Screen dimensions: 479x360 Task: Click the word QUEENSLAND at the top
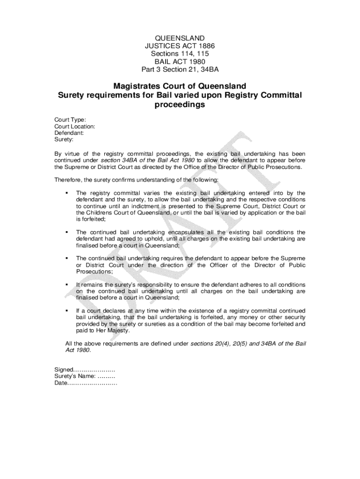[x=180, y=37]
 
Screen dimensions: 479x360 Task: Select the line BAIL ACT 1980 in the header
[x=180, y=62]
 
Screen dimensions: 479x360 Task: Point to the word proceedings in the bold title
[x=180, y=105]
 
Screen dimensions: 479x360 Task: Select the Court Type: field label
[x=70, y=119]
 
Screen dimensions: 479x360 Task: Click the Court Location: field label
[x=75, y=126]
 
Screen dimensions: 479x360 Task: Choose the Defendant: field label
[x=69, y=133]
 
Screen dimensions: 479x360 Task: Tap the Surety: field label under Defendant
[x=65, y=139]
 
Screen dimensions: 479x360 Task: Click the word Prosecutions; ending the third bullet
[x=94, y=272]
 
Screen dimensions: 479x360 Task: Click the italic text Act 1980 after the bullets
[x=78, y=350]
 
